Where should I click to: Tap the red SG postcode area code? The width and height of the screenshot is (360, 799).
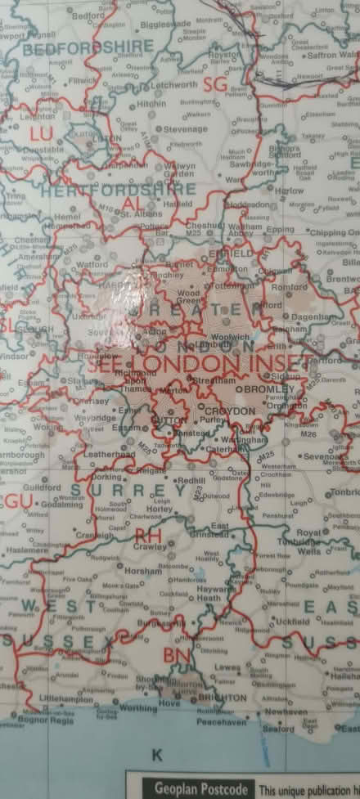click(214, 85)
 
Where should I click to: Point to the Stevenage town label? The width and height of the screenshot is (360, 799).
click(186, 129)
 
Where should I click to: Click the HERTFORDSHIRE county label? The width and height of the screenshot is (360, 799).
click(118, 190)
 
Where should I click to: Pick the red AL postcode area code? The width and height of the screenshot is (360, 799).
click(133, 204)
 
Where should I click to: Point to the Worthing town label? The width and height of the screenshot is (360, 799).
click(146, 707)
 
